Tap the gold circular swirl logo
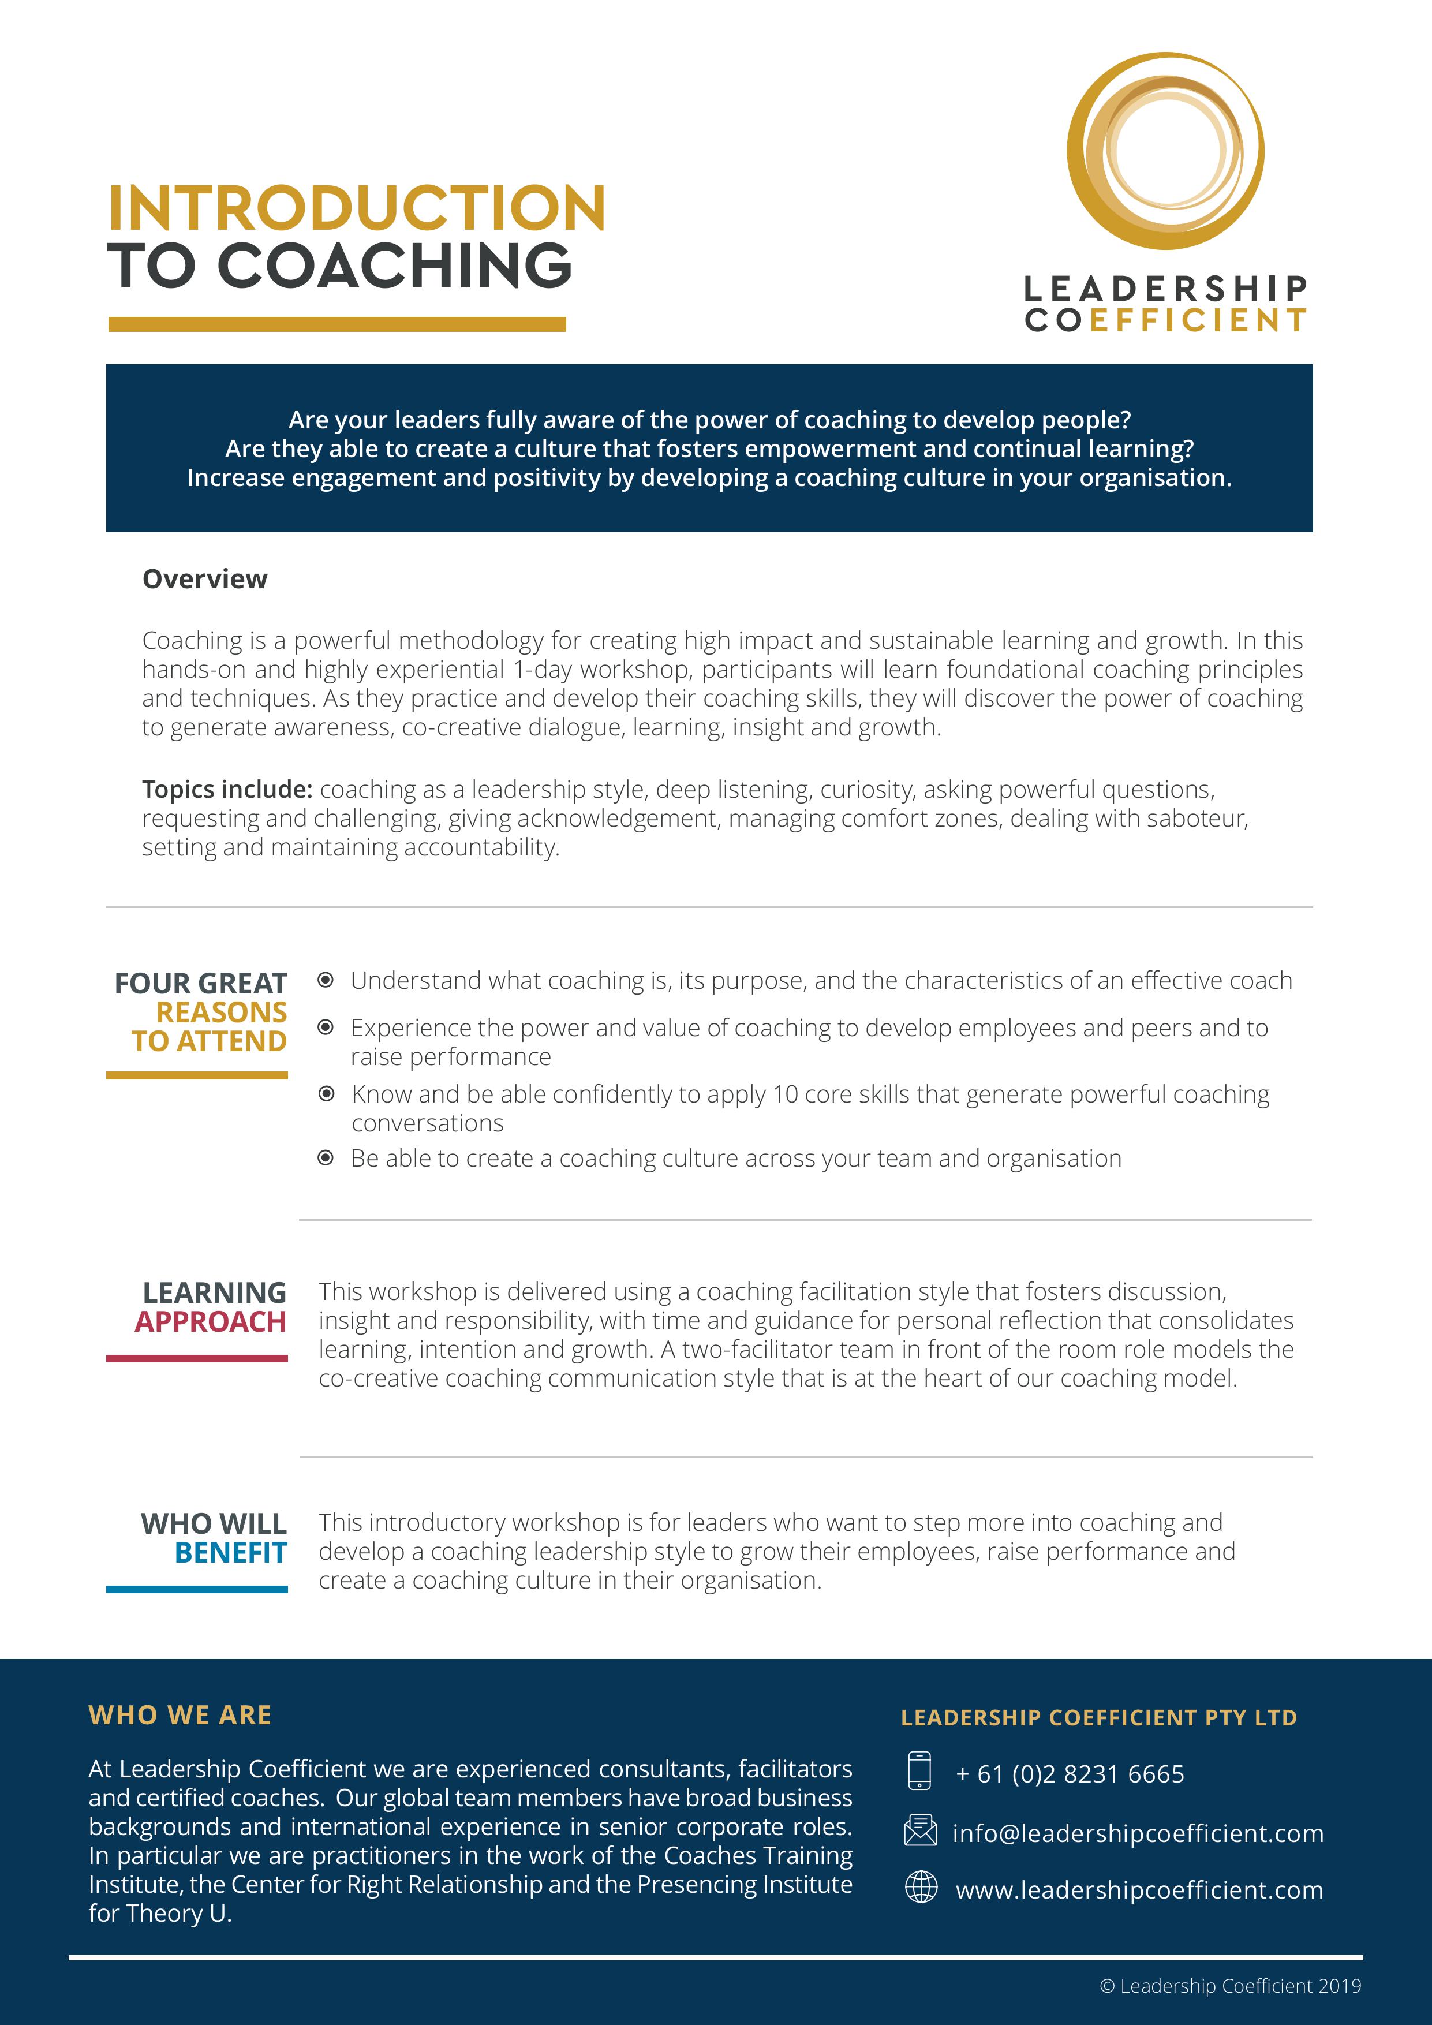(x=1165, y=151)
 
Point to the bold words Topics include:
(x=227, y=789)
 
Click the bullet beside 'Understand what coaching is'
(x=326, y=980)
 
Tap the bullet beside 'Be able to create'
(x=326, y=1158)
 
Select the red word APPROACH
(x=211, y=1322)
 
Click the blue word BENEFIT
(x=231, y=1552)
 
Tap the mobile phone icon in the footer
(x=919, y=1771)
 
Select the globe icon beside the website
(x=921, y=1888)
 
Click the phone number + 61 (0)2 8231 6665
(x=1070, y=1774)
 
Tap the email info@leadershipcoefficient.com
(x=1138, y=1833)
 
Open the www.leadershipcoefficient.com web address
(x=1139, y=1890)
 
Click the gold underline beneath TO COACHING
(x=337, y=324)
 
